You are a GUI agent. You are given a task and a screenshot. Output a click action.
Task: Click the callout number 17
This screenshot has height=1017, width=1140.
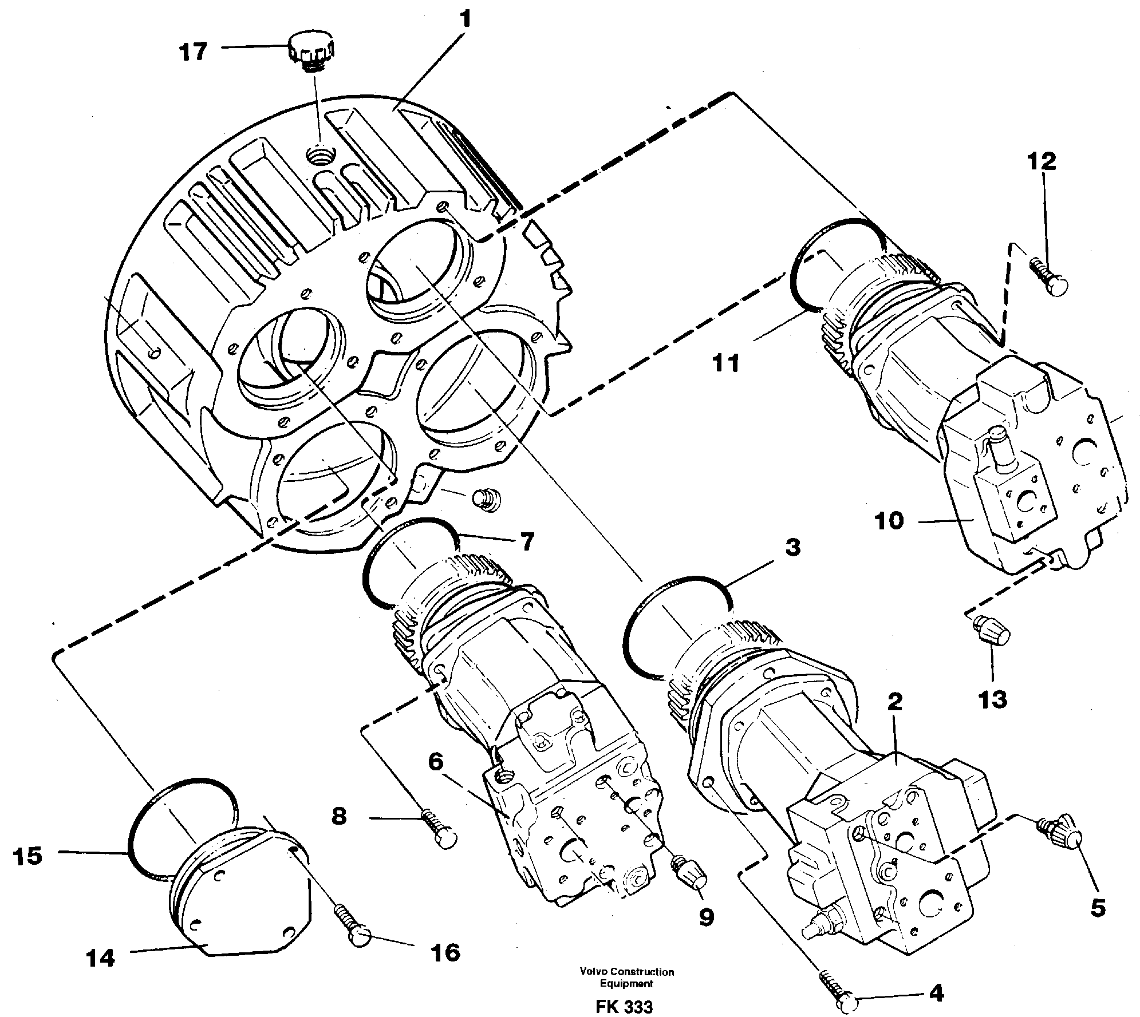pyautogui.click(x=192, y=52)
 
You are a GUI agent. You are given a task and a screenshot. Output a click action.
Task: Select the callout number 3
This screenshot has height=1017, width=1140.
pyautogui.click(x=792, y=548)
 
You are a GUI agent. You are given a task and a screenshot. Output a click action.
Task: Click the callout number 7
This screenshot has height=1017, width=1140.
pyautogui.click(x=526, y=540)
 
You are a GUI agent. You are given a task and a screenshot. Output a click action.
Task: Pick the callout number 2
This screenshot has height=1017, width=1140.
pyautogui.click(x=894, y=702)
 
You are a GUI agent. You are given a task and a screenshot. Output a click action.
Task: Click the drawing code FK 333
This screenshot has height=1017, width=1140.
pyautogui.click(x=624, y=1006)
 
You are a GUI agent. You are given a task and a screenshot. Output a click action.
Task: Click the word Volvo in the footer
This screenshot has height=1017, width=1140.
pyautogui.click(x=593, y=972)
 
